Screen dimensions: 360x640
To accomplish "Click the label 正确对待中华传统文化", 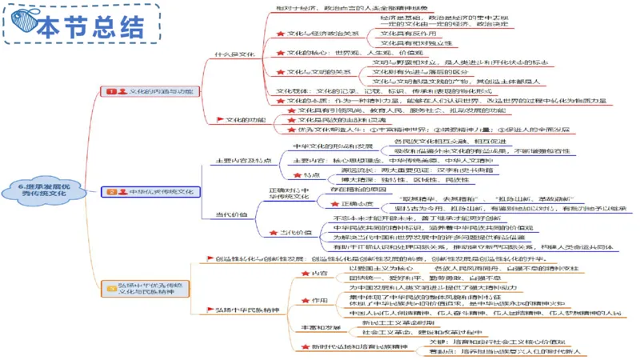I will [x=287, y=193].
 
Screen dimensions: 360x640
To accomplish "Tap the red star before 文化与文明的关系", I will [x=281, y=72].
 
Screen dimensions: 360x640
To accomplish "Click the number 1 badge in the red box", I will [x=111, y=92].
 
